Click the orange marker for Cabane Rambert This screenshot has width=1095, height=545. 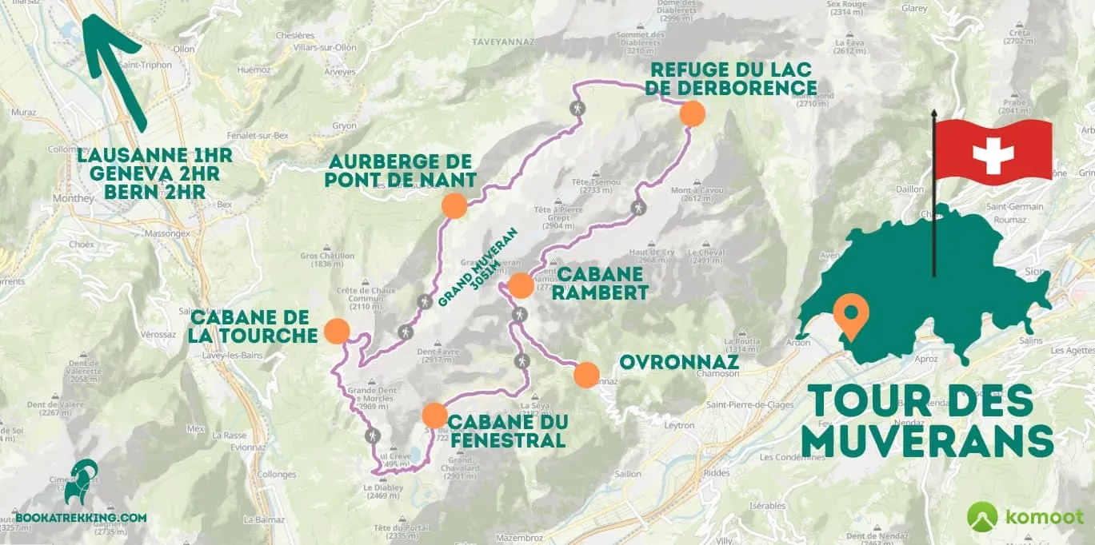click(x=521, y=285)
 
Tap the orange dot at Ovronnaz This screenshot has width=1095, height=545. click(x=586, y=375)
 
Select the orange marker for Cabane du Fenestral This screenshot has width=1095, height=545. click(x=434, y=416)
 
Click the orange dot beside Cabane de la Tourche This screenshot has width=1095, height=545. click(x=337, y=332)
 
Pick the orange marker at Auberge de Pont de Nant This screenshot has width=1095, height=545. click(x=454, y=205)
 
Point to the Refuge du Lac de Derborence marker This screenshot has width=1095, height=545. click(x=692, y=113)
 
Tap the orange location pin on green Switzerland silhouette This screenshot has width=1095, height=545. click(x=850, y=314)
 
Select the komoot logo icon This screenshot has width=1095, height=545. click(x=981, y=517)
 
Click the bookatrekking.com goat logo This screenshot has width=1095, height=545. click(x=82, y=482)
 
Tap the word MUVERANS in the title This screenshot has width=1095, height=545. click(x=927, y=441)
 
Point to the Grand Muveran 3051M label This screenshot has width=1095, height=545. click(x=478, y=268)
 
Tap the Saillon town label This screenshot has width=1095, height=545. click(x=628, y=474)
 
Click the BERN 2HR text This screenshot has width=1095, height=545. click(x=155, y=193)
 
